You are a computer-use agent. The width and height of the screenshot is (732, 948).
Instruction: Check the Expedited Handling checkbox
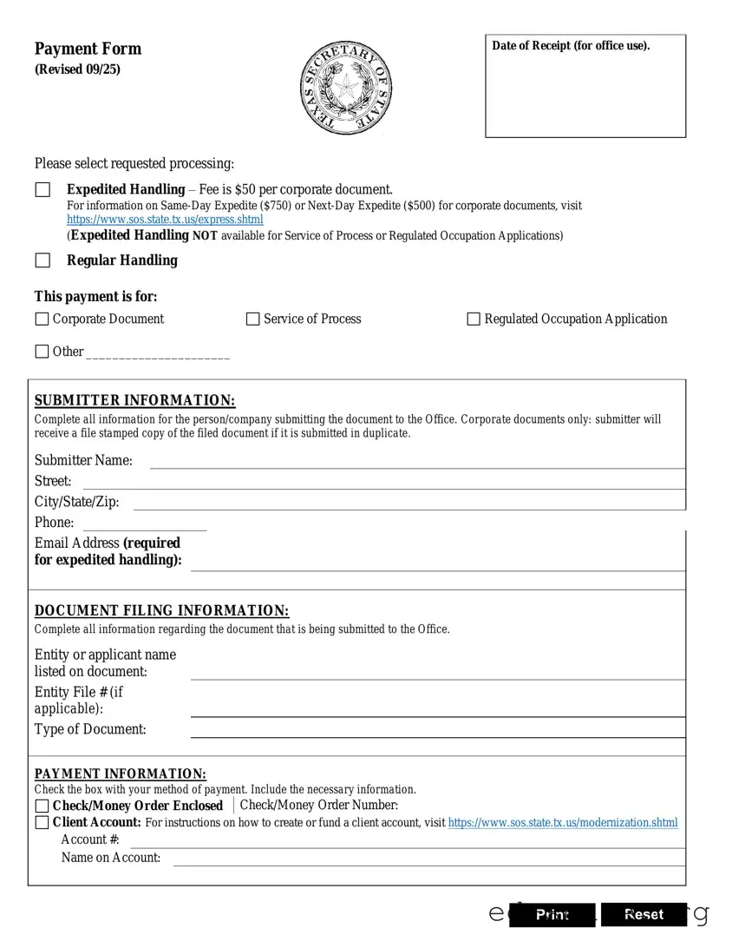click(42, 190)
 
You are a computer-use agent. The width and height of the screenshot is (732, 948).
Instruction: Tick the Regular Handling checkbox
click(42, 260)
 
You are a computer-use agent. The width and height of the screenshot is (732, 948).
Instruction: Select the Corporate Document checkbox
click(42, 319)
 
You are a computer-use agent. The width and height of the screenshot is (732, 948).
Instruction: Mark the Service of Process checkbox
click(253, 319)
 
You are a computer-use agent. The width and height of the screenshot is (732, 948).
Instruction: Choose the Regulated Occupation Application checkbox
click(474, 319)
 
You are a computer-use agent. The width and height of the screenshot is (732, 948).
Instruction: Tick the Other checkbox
click(42, 352)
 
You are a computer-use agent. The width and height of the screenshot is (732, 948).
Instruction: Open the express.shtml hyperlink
click(165, 220)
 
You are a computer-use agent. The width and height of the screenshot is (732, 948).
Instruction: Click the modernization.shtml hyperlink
click(563, 823)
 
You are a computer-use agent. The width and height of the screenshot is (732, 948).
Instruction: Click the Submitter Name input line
click(416, 461)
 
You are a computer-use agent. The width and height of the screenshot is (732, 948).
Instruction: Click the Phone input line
click(144, 523)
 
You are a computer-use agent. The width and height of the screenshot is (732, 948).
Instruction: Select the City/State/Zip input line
click(408, 502)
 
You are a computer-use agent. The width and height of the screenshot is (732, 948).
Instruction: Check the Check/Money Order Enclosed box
click(42, 806)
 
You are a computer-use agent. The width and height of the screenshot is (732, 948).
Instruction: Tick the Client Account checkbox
click(42, 823)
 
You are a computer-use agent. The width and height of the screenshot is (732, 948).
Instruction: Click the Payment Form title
click(88, 49)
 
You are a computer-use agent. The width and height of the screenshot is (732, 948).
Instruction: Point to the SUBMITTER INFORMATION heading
click(134, 400)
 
